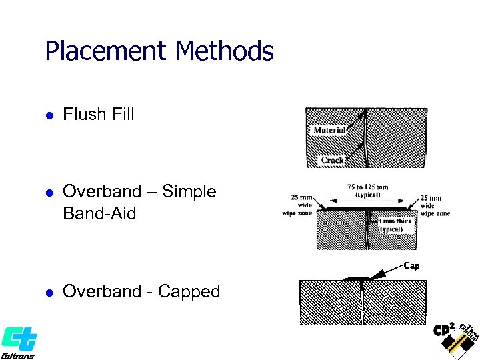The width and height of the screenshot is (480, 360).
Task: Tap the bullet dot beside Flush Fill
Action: pyautogui.click(x=48, y=115)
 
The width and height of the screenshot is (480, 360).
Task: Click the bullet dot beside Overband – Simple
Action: pyautogui.click(x=48, y=193)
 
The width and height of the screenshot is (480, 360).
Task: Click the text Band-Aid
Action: pyautogui.click(x=99, y=213)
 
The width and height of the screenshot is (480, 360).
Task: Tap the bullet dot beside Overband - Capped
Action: pyautogui.click(x=48, y=293)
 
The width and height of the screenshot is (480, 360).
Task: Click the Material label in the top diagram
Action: pyautogui.click(x=329, y=130)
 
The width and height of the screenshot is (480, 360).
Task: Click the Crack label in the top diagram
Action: pyautogui.click(x=333, y=160)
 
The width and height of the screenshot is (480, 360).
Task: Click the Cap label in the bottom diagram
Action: pyautogui.click(x=412, y=265)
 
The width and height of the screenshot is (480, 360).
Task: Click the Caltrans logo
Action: pyautogui.click(x=18, y=342)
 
